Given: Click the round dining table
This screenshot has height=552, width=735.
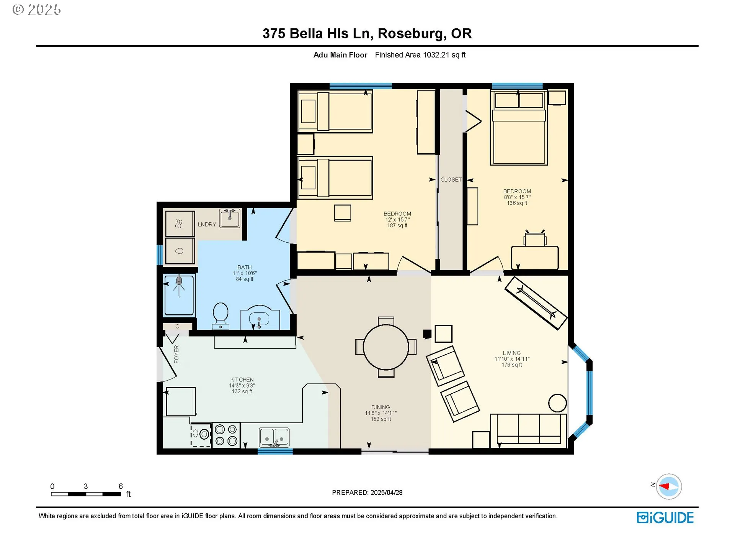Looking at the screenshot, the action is (x=385, y=347).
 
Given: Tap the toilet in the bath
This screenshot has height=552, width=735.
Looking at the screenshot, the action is (x=220, y=316).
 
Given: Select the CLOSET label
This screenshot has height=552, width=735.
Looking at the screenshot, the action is (x=451, y=179).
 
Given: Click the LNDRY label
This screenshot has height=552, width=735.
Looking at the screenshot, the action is (x=207, y=224).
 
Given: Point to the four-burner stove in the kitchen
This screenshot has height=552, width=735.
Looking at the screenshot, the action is (x=226, y=435).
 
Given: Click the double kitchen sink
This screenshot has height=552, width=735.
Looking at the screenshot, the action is (x=274, y=437).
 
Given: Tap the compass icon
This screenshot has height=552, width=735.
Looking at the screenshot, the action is (x=669, y=486).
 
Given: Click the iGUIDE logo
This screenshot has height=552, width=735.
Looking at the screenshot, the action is (x=665, y=517).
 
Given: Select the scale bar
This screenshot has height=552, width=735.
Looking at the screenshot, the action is (x=86, y=494).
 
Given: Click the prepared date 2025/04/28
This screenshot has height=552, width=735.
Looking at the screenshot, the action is (x=386, y=493).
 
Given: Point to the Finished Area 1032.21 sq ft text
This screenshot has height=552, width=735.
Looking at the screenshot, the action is (x=420, y=55).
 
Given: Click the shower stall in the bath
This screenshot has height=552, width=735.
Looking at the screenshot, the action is (x=179, y=294).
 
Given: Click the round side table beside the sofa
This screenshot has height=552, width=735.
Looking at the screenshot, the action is (x=557, y=403).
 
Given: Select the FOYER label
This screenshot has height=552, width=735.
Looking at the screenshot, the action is (x=176, y=354).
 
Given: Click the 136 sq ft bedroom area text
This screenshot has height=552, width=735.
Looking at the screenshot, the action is (x=517, y=203).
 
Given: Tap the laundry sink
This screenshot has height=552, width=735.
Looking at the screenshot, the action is (x=230, y=218).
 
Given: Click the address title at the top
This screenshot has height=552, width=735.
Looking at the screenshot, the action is (x=367, y=34).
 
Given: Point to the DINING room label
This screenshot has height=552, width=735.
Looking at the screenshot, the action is (x=381, y=407).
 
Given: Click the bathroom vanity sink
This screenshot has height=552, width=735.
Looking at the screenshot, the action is (x=259, y=319).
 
